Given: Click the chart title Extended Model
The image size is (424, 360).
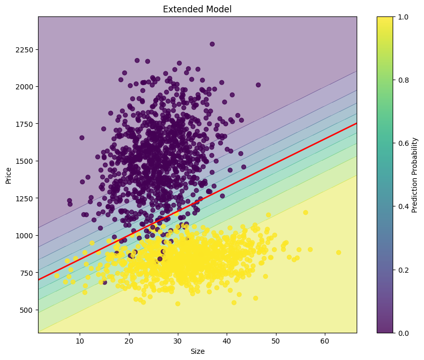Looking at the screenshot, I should pyautogui.click(x=197, y=9).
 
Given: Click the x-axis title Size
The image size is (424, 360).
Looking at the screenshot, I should pyautogui.click(x=197, y=351).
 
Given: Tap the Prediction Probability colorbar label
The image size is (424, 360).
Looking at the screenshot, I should pyautogui.click(x=415, y=175).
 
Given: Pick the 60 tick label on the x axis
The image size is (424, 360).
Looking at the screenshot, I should pyautogui.click(x=325, y=341).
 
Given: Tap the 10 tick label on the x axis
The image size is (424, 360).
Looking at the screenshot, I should pyautogui.click(x=80, y=341).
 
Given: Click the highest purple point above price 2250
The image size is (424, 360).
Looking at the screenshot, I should pyautogui.click(x=212, y=44).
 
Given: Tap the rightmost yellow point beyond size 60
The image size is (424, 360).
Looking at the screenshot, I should pyautogui.click(x=338, y=252).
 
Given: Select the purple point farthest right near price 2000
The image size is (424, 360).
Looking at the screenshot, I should pyautogui.click(x=258, y=85).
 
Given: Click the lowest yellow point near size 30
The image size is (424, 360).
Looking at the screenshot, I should pyautogui.click(x=178, y=304).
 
